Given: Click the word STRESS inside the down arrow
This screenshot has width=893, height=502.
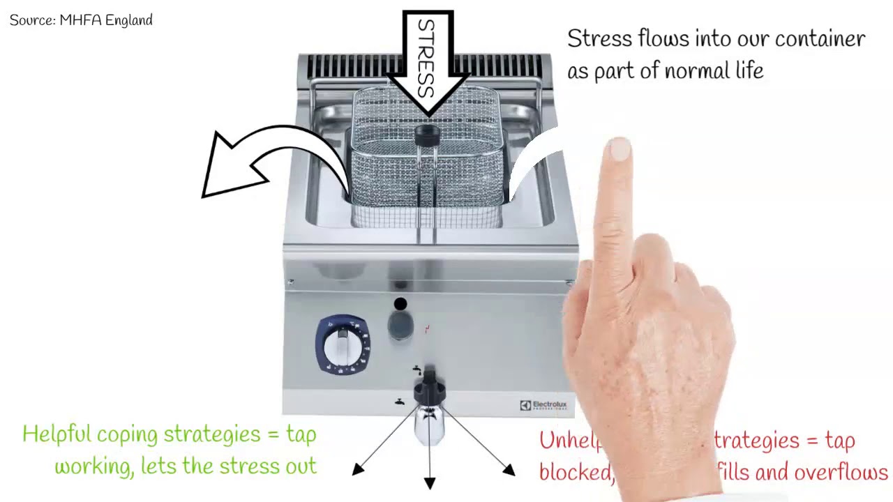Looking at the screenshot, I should (x=426, y=59).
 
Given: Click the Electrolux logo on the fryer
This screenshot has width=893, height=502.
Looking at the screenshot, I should (x=543, y=405).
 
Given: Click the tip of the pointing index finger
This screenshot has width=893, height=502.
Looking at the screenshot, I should (x=619, y=149).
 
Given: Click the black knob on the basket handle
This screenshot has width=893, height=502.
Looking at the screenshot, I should (x=427, y=135).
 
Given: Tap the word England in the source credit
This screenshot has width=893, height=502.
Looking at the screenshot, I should (x=129, y=20).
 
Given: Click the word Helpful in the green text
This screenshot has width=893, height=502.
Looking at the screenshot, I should (x=57, y=434).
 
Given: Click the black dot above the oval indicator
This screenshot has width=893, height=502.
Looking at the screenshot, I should (x=400, y=304).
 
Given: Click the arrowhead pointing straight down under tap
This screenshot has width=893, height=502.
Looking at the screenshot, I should (x=430, y=482).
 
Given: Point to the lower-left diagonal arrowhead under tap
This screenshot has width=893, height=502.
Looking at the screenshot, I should (x=359, y=469).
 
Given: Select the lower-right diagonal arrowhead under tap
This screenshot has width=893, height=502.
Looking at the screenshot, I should (x=509, y=471).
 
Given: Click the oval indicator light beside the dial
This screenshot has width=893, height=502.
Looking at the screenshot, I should (x=400, y=324).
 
